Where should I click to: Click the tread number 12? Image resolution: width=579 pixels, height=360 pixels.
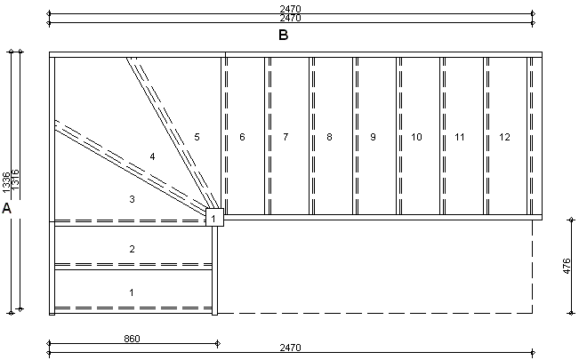click(x=504, y=137)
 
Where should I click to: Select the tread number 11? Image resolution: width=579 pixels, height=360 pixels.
click(x=460, y=137)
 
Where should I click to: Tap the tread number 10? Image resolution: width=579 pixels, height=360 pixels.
click(x=416, y=137)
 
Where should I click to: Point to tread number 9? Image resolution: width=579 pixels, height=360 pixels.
click(x=373, y=137)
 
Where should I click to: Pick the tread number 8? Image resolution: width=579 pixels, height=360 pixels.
click(x=329, y=137)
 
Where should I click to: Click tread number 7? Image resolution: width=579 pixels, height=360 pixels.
click(x=285, y=137)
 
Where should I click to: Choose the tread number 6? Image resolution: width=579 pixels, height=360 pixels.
click(x=242, y=137)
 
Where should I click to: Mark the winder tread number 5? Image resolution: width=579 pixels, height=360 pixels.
click(x=197, y=137)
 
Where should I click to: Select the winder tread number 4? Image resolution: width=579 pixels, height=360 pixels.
click(x=153, y=156)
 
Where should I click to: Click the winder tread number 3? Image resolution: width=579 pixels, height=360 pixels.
click(x=132, y=199)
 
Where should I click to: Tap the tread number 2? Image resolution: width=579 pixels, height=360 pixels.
click(x=132, y=249)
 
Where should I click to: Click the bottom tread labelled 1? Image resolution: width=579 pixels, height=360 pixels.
click(x=132, y=292)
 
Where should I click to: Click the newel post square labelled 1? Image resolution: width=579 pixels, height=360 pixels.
click(x=214, y=217)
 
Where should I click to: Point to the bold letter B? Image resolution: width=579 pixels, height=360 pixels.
click(x=283, y=36)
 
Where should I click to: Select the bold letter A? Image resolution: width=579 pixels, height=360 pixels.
click(x=7, y=209)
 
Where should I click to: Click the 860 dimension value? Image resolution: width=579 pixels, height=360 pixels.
click(x=133, y=339)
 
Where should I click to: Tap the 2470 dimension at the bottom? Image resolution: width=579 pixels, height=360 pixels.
click(x=290, y=348)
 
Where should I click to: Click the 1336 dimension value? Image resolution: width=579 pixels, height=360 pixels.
click(x=6, y=183)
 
